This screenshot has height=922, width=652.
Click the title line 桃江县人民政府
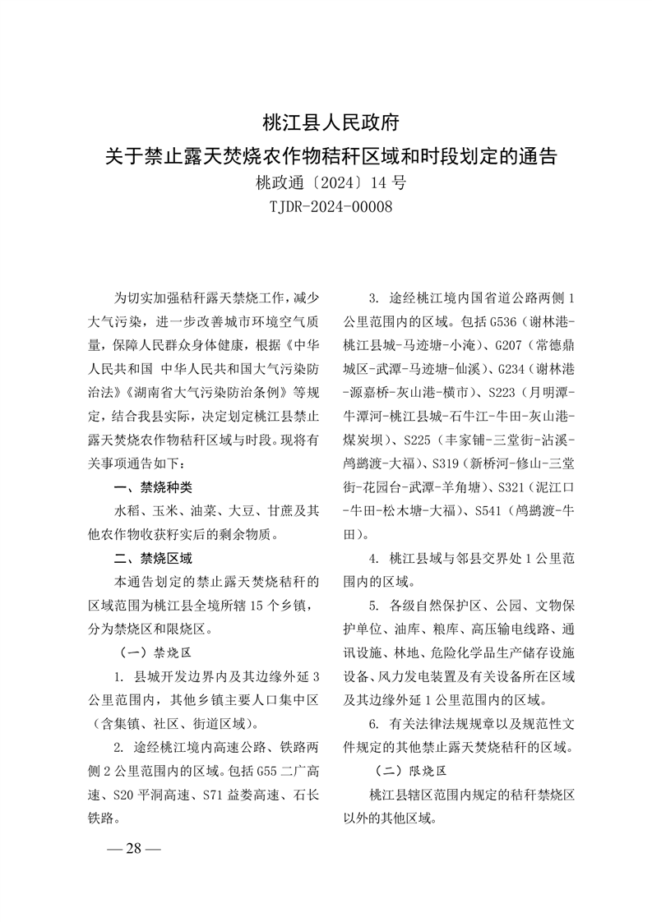pyautogui.click(x=331, y=124)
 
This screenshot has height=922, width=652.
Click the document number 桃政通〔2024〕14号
pyautogui.click(x=331, y=182)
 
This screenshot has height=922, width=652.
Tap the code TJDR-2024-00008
pyautogui.click(x=331, y=206)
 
